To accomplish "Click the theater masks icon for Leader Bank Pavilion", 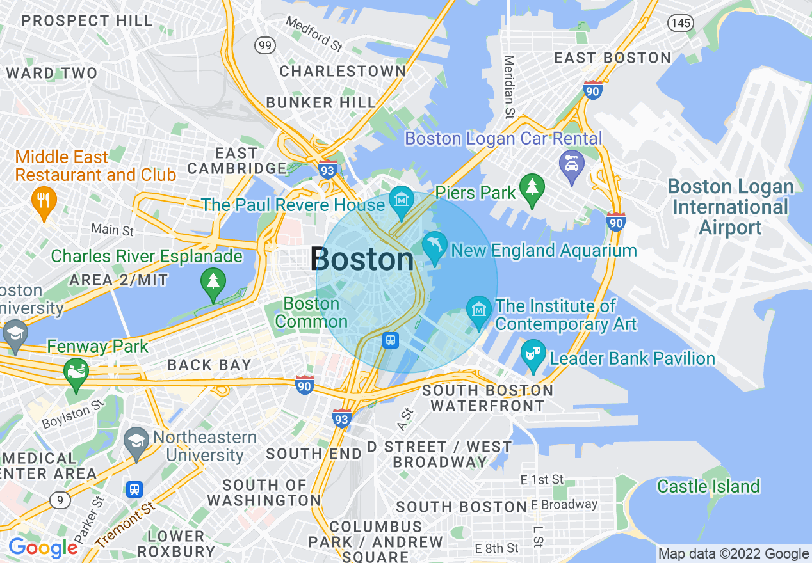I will [x=533, y=354].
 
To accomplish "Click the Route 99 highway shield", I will [x=264, y=45].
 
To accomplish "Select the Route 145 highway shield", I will [x=679, y=23].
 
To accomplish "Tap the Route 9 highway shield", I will [x=59, y=500].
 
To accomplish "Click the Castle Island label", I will [x=708, y=486].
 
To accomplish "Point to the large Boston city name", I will [x=362, y=260].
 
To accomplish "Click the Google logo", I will [x=43, y=548].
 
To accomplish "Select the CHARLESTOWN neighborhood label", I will [x=343, y=71].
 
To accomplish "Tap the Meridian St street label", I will [x=509, y=87].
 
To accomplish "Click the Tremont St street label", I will [x=126, y=524].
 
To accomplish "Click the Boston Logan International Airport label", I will [x=730, y=207].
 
